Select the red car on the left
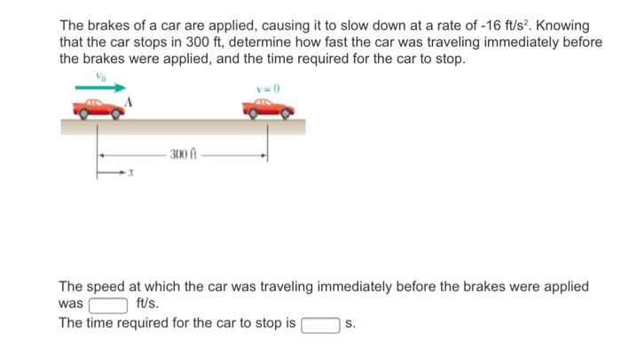(x=98, y=110)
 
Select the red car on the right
(x=267, y=110)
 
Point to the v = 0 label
(x=267, y=89)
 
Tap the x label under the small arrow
(x=130, y=175)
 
